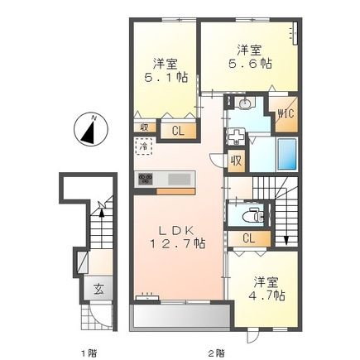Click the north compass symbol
(90, 129)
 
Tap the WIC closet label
(286, 114)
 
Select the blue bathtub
(287, 154)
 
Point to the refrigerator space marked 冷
(143, 146)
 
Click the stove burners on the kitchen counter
(146, 179)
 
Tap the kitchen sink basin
(180, 179)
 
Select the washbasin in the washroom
(245, 103)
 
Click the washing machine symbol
(235, 137)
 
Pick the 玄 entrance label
(98, 290)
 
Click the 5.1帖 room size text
(166, 78)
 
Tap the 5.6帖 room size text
(250, 64)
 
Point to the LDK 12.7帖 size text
(177, 237)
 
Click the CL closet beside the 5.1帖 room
(179, 131)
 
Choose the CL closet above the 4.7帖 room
(249, 238)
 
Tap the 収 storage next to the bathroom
(237, 161)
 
